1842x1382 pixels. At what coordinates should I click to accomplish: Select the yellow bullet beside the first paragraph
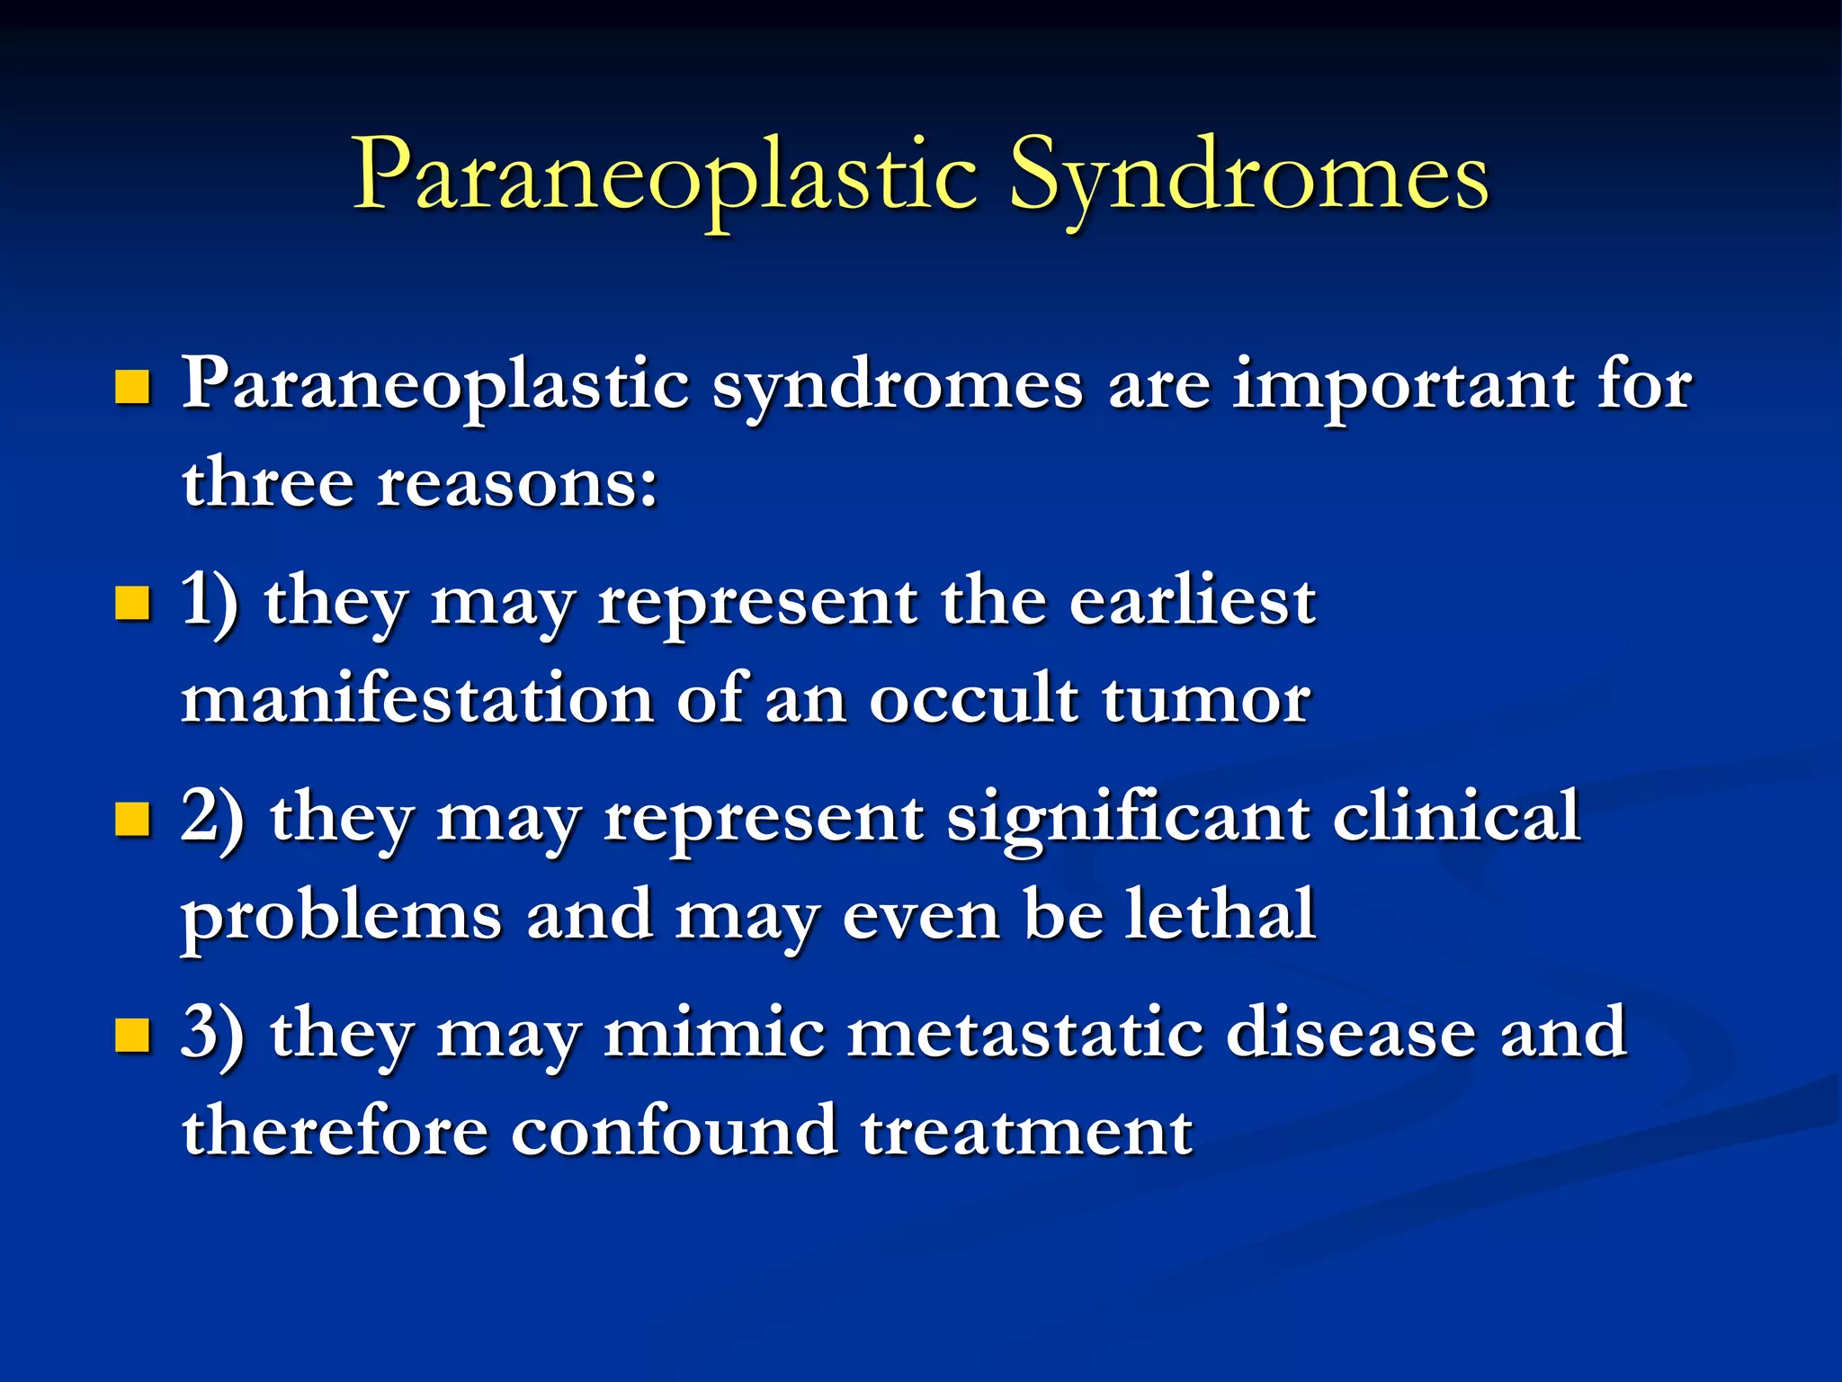(132, 388)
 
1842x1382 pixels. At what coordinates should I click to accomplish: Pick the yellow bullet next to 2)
(132, 820)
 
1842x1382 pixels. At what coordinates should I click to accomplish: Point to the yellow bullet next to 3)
(132, 1035)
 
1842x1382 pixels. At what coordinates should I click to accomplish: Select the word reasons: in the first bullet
(517, 484)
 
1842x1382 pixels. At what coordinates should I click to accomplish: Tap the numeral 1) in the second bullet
(210, 601)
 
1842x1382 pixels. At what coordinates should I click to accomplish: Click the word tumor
(1206, 700)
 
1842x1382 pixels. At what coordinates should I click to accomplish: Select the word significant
(1128, 817)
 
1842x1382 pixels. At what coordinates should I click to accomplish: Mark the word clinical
(1455, 815)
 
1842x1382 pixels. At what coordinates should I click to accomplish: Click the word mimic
(714, 1033)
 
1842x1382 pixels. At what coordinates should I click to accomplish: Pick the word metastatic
(1025, 1033)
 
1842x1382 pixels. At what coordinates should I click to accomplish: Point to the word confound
(675, 1130)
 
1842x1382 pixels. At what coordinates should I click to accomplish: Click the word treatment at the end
(1026, 1132)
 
